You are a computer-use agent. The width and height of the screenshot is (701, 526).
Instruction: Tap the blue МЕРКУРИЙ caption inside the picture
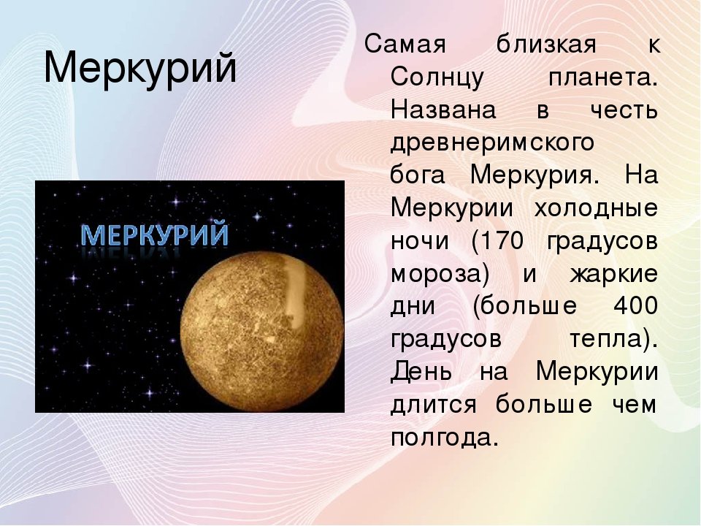pyautogui.click(x=155, y=235)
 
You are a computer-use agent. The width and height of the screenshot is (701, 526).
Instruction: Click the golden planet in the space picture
pyautogui.click(x=262, y=332)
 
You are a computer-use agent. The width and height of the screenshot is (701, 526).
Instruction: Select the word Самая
pyautogui.click(x=405, y=45)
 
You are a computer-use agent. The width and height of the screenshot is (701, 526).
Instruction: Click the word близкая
pyautogui.click(x=546, y=45)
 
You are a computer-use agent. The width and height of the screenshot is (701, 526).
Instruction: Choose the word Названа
pyautogui.click(x=443, y=110)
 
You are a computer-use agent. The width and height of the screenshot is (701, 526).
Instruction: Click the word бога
pyautogui.click(x=418, y=175)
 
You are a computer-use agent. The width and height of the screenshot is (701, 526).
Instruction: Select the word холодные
pyautogui.click(x=596, y=208)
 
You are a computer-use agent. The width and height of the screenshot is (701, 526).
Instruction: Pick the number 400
pyautogui.click(x=635, y=306)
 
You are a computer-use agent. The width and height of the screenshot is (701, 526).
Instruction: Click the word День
pyautogui.click(x=421, y=373)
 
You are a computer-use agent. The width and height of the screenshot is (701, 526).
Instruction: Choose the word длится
pyautogui.click(x=434, y=405)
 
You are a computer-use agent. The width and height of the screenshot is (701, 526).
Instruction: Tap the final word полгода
pyautogui.click(x=445, y=438)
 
